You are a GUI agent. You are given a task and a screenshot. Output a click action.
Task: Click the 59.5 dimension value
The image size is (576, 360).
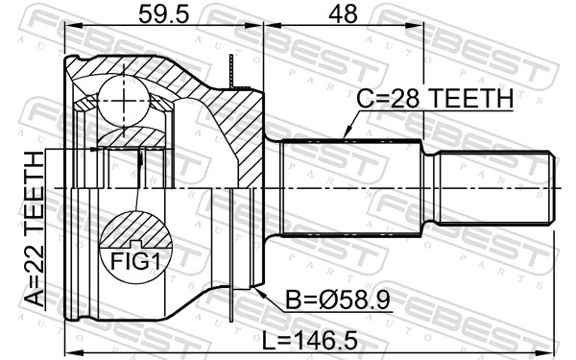163,15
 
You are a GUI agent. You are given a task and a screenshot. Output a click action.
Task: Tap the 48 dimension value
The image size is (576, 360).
343,15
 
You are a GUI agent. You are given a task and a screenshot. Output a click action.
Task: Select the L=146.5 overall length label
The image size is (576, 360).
309,341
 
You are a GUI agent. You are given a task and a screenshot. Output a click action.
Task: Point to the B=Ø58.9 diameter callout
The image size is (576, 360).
338,300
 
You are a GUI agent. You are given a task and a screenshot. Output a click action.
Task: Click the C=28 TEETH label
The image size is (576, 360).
435,99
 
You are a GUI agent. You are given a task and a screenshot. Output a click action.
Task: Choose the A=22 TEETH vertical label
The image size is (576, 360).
35,229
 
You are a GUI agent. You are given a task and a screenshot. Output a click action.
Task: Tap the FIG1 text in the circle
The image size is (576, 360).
135,261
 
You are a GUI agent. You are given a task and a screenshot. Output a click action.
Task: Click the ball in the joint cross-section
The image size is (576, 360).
124,101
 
